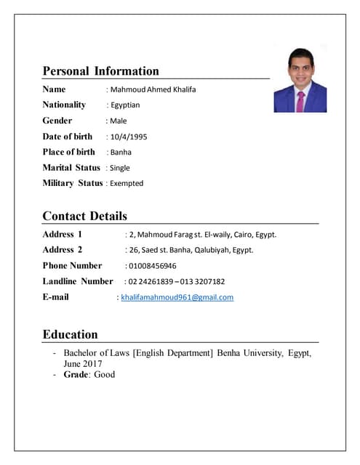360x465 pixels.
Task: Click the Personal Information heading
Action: coord(100,71)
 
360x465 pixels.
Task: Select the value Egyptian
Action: coord(125,105)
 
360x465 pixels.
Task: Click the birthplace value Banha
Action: coord(121,153)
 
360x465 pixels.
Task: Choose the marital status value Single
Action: coord(119,168)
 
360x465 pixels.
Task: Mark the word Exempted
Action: coord(127,184)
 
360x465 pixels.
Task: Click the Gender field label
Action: coord(57,121)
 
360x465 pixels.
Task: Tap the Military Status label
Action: coord(73,183)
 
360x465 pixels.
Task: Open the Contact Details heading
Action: coord(84,216)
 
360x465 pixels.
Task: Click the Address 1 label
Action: coord(63,234)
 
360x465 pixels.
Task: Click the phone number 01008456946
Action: coord(153,266)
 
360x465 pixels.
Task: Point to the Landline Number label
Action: coord(78,281)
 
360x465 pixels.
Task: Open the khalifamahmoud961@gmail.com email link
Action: coord(177,297)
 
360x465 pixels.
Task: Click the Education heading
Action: coord(70,334)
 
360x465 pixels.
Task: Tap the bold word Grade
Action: coord(76,375)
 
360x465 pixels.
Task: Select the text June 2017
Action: coord(82,363)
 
